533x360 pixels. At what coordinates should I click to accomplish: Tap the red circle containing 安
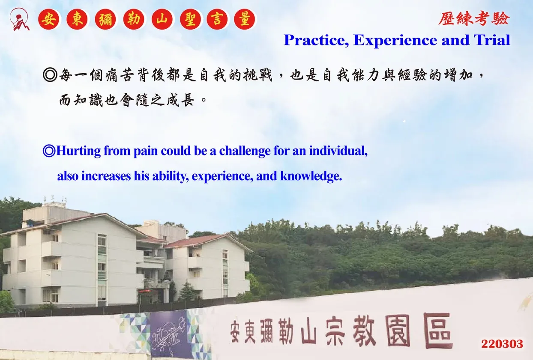pyautogui.click(x=48, y=19)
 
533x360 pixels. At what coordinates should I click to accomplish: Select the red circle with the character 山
pyautogui.click(x=162, y=19)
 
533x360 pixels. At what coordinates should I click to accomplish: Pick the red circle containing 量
pyautogui.click(x=245, y=19)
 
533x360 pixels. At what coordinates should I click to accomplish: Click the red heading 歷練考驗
pyautogui.click(x=474, y=18)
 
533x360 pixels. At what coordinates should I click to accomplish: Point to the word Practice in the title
pyautogui.click(x=316, y=40)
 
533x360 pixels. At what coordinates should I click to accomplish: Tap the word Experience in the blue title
pyautogui.click(x=395, y=40)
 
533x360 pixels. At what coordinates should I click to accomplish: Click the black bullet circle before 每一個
pyautogui.click(x=50, y=75)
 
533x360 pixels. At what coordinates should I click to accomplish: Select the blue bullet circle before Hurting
pyautogui.click(x=49, y=151)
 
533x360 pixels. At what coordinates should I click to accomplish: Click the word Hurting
pyautogui.click(x=78, y=151)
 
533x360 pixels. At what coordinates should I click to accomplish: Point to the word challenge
pyautogui.click(x=245, y=151)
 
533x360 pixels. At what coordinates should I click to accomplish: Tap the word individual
pyautogui.click(x=338, y=151)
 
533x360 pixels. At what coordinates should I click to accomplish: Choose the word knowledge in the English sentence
pyautogui.click(x=311, y=176)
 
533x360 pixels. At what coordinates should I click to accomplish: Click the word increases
pyautogui.click(x=106, y=176)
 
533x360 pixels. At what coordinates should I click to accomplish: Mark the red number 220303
pyautogui.click(x=502, y=344)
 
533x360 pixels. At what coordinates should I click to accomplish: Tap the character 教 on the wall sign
pyautogui.click(x=364, y=331)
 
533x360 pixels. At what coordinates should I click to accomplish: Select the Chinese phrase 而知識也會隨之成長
pyautogui.click(x=126, y=100)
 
